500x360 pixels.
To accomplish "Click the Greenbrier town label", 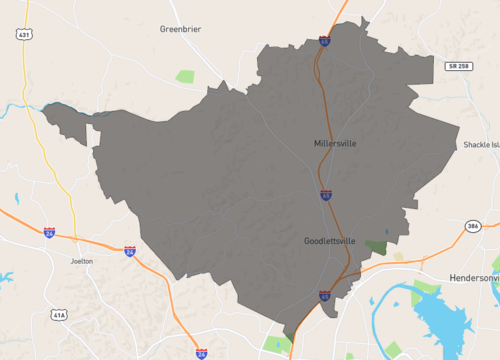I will tap(180, 29).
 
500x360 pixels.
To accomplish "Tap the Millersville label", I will tap(334, 144).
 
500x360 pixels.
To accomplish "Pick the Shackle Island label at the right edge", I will tap(481, 144).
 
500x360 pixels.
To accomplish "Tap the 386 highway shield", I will tap(473, 227).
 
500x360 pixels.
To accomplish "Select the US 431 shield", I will tap(23, 34).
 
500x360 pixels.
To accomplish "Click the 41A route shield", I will tap(60, 315).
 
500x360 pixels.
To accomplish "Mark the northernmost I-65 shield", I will tap(325, 41).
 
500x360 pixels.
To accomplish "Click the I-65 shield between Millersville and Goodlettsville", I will tap(326, 195).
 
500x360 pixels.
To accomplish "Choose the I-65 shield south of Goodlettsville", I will tap(325, 296).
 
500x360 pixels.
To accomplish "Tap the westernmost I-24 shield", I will tap(49, 232).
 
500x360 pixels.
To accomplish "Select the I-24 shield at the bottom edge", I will tap(202, 353).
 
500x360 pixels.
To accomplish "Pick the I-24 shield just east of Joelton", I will tap(130, 251).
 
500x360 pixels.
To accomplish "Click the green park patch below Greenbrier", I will tap(185, 76).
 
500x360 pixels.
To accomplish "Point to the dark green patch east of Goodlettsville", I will tap(376, 245).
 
